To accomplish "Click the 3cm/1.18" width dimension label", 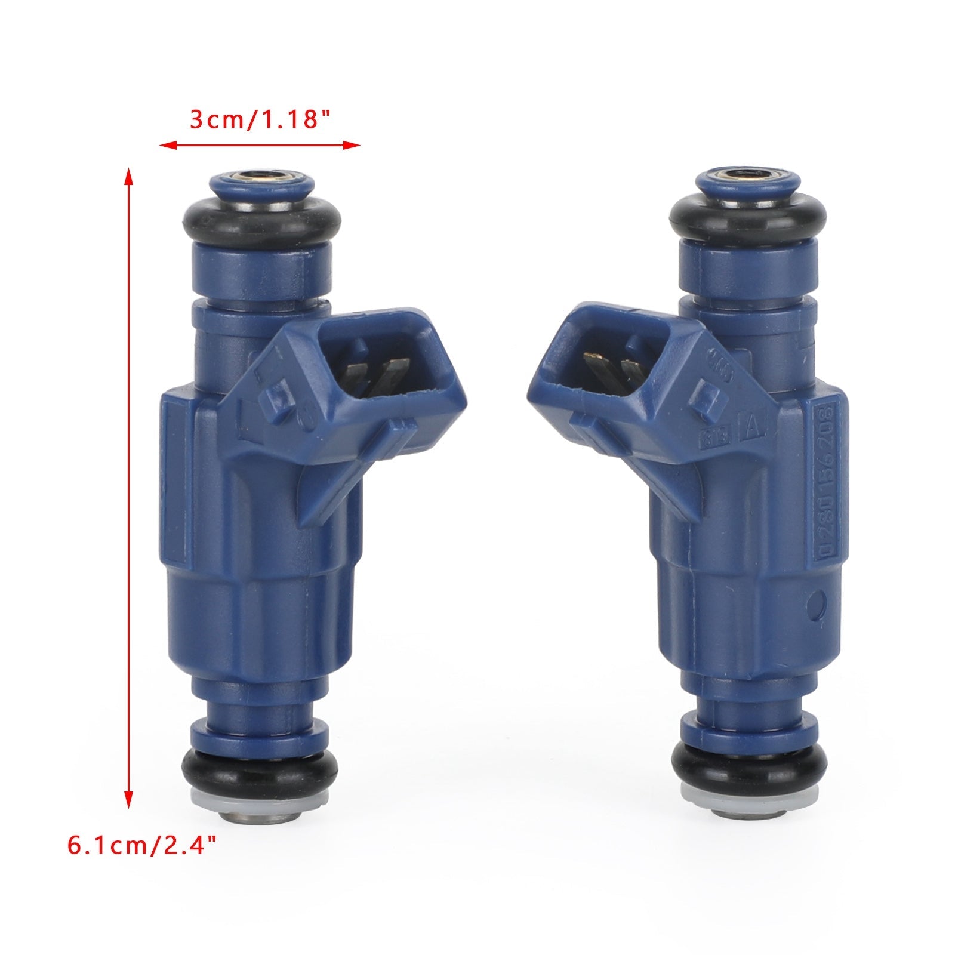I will coord(260,120).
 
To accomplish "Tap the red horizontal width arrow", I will coord(260,145).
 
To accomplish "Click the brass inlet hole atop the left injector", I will coord(263,175).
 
